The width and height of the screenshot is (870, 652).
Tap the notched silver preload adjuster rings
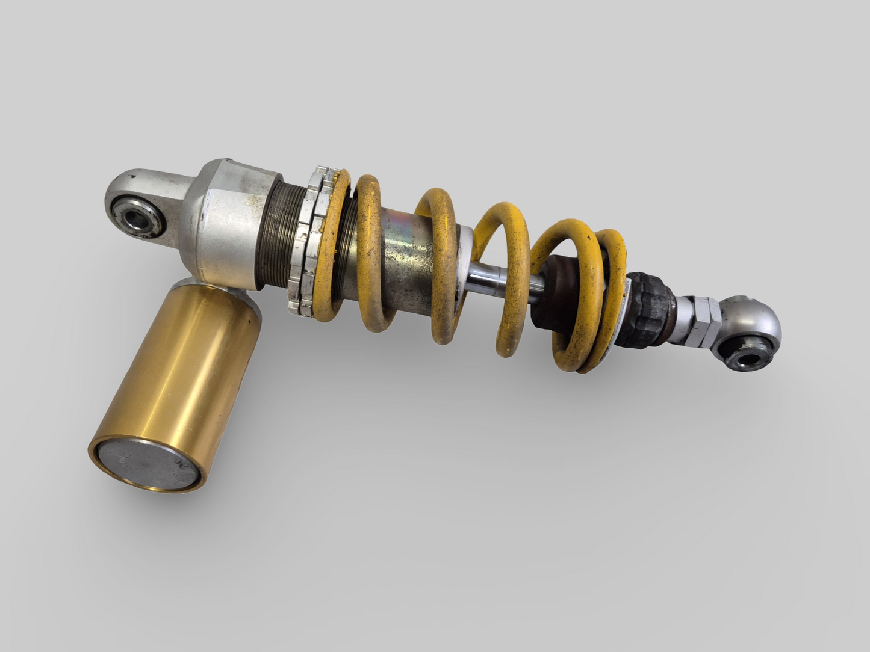pos(307,241)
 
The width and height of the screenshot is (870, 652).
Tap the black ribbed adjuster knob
pos(644,307)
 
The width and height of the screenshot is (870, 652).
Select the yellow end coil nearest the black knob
pos(608,301)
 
